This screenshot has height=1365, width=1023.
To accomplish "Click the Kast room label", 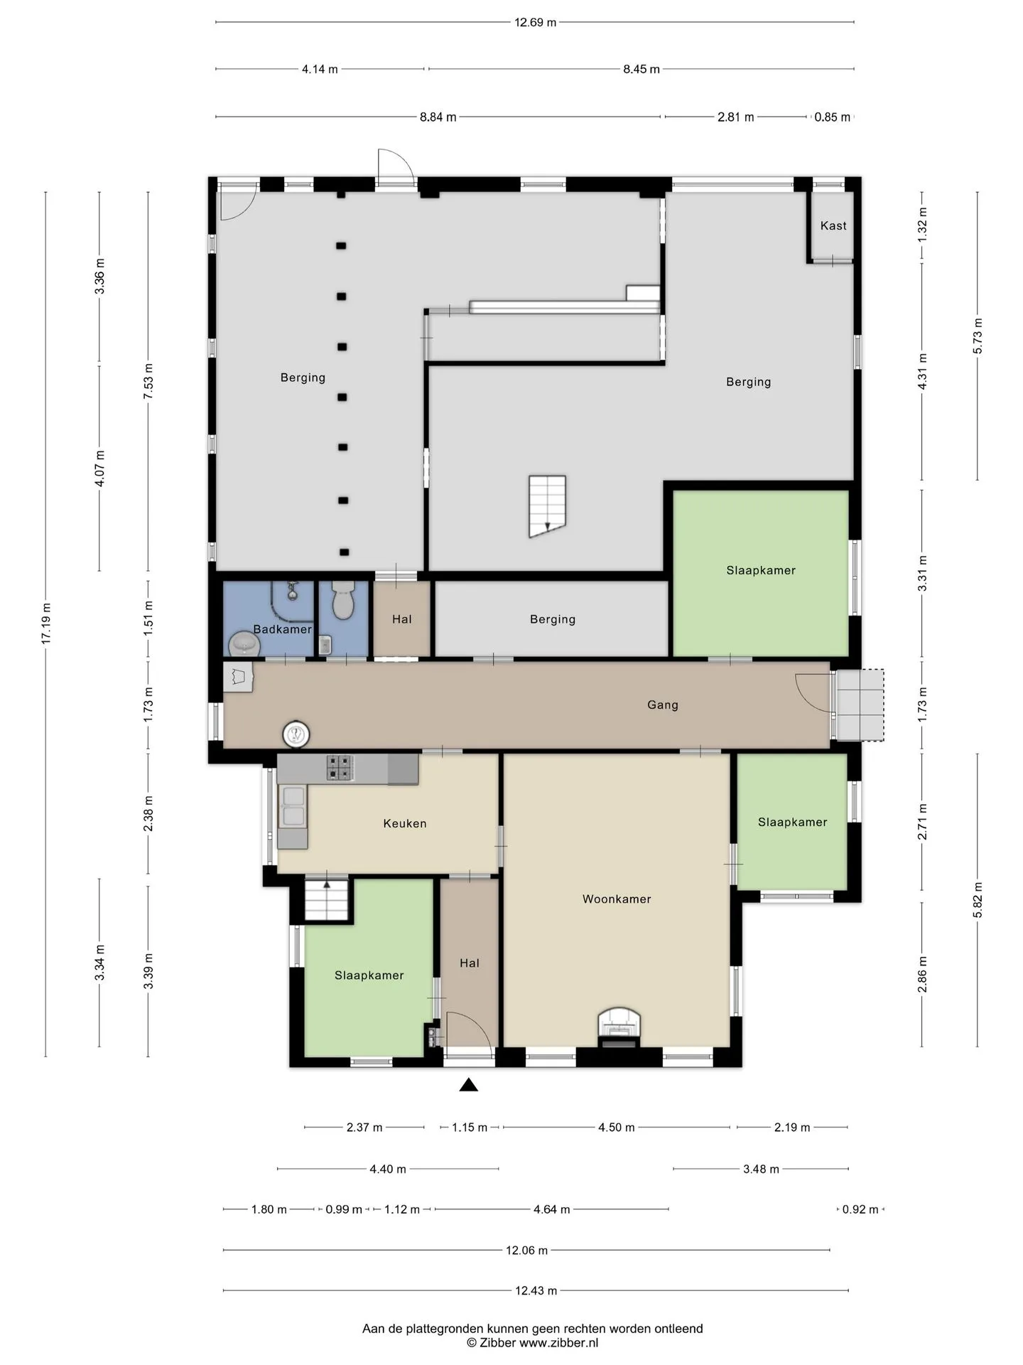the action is pyautogui.click(x=833, y=225).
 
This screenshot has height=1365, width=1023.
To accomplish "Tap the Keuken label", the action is pyautogui.click(x=405, y=823).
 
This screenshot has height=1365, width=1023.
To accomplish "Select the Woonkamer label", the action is pyautogui.click(x=617, y=899).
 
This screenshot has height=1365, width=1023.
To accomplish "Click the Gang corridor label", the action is pyautogui.click(x=663, y=705).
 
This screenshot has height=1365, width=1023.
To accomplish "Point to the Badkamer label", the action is pyautogui.click(x=283, y=629).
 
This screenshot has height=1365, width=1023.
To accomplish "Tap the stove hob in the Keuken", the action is pyautogui.click(x=340, y=768).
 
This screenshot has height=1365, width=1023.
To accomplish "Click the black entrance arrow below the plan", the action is pyautogui.click(x=468, y=1084).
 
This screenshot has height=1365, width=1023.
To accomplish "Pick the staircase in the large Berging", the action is pyautogui.click(x=547, y=506).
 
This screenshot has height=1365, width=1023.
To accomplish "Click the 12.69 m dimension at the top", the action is pyautogui.click(x=535, y=22).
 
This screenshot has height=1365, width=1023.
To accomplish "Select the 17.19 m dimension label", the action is pyautogui.click(x=46, y=623).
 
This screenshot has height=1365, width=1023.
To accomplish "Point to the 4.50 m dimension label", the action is pyautogui.click(x=616, y=1127).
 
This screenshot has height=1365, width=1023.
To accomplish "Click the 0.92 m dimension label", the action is pyautogui.click(x=860, y=1209).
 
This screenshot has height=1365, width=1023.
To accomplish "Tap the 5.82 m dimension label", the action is pyautogui.click(x=978, y=899).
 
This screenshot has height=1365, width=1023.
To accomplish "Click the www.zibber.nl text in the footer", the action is pyautogui.click(x=559, y=1342).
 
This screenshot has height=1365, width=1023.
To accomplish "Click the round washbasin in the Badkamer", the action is pyautogui.click(x=244, y=645).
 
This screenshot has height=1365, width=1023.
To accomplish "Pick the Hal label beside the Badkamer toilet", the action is pyautogui.click(x=402, y=619).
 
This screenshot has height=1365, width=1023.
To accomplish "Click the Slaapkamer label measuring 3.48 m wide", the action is pyautogui.click(x=761, y=570).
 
